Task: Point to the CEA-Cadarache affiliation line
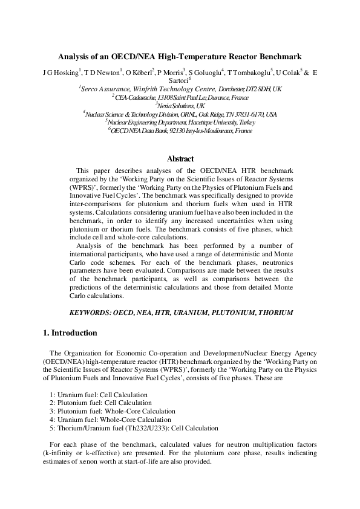coord(180,97)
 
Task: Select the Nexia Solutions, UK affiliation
coord(180,105)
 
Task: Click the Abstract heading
coord(180,159)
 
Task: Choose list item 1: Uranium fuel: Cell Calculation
coord(99,395)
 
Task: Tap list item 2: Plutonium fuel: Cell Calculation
coord(101,403)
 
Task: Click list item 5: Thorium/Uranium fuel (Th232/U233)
coord(134,427)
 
